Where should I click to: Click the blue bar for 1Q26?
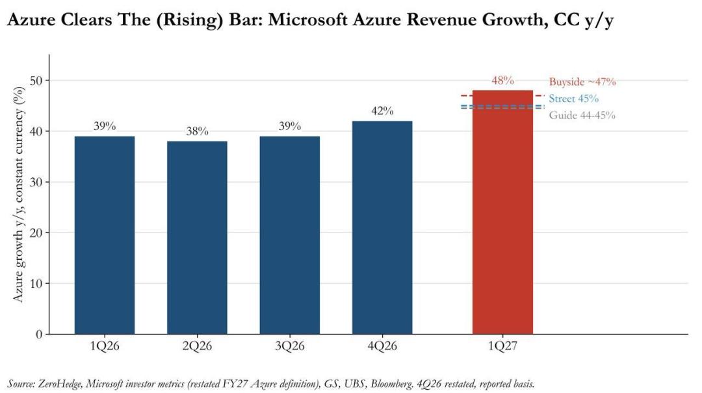pyautogui.click(x=104, y=235)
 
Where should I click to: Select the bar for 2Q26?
pyautogui.click(x=197, y=238)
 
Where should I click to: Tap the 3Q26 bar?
pyautogui.click(x=290, y=235)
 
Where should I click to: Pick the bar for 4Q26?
pyautogui.click(x=382, y=227)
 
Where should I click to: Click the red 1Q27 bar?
pyautogui.click(x=502, y=212)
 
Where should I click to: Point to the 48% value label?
pyautogui.click(x=502, y=81)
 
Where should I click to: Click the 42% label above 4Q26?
pyautogui.click(x=382, y=110)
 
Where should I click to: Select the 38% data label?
pyautogui.click(x=198, y=131)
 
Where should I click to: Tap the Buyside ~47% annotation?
pyautogui.click(x=582, y=82)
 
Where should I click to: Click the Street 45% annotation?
pyautogui.click(x=573, y=99)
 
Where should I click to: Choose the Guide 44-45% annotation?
pyautogui.click(x=582, y=115)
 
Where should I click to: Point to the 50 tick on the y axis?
pyautogui.click(x=36, y=81)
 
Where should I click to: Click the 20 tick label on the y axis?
pyautogui.click(x=36, y=233)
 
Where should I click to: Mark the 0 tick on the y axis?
pyautogui.click(x=39, y=335)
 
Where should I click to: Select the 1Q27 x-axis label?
pyautogui.click(x=502, y=346)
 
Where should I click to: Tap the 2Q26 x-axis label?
pyautogui.click(x=197, y=346)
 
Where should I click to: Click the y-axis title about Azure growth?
pyautogui.click(x=18, y=194)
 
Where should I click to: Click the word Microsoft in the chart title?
pyautogui.click(x=308, y=19)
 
